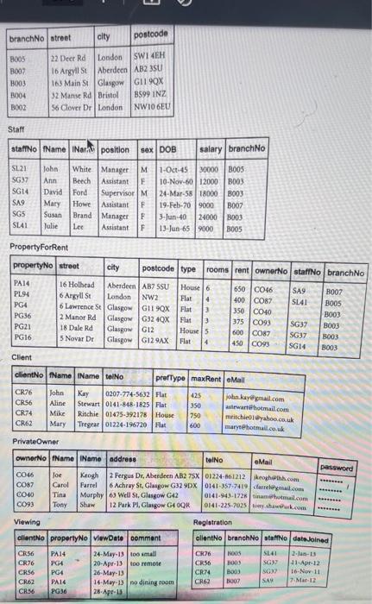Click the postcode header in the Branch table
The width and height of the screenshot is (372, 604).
click(152, 34)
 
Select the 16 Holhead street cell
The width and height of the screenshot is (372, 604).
click(79, 283)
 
